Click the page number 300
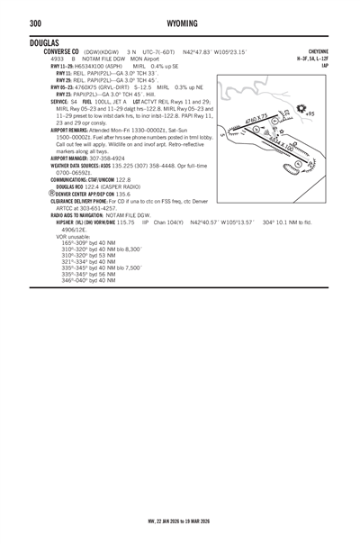13,22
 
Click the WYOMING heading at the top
179,22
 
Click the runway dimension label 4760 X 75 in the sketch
255,120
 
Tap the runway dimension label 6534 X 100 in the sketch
288,147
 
